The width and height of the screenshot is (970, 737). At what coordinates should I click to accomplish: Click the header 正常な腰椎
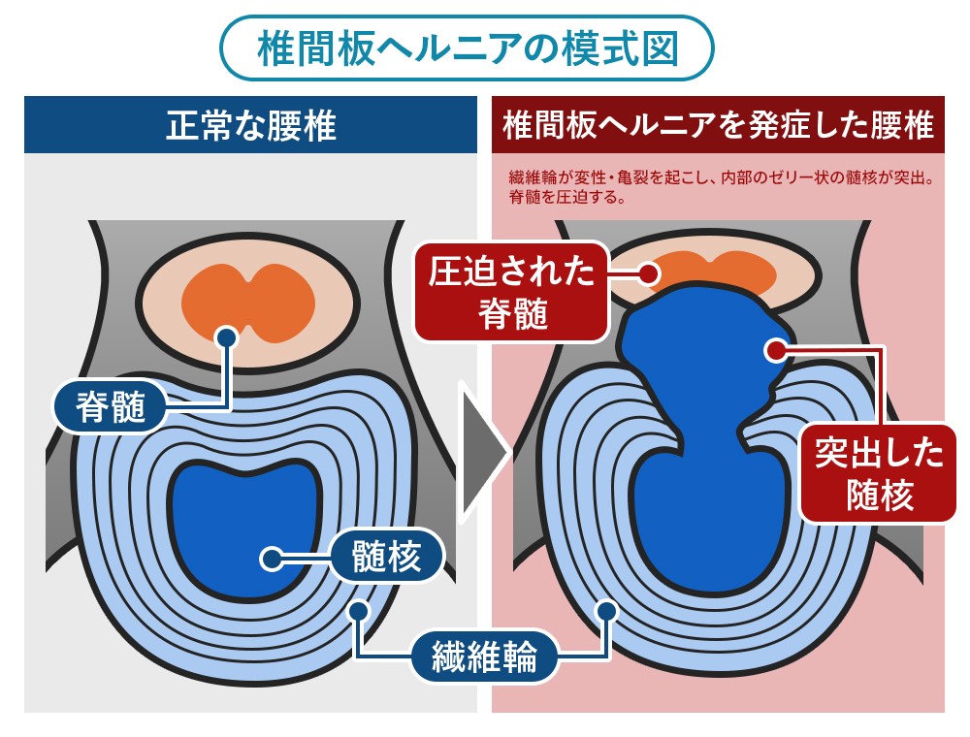coord(250,125)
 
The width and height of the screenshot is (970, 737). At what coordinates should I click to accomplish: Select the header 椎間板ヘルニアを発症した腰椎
coord(718,125)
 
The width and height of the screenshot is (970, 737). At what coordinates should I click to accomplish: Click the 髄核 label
coord(387,559)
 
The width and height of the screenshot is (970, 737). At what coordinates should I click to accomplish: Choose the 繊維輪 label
coord(486,658)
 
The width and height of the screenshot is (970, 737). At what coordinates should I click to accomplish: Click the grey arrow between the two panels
coord(482,450)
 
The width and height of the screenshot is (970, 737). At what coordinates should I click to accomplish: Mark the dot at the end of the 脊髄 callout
coord(226,336)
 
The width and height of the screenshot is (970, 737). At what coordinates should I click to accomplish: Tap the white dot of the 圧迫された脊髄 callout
coord(649,274)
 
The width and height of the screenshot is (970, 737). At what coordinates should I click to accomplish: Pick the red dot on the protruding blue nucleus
coord(774,347)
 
